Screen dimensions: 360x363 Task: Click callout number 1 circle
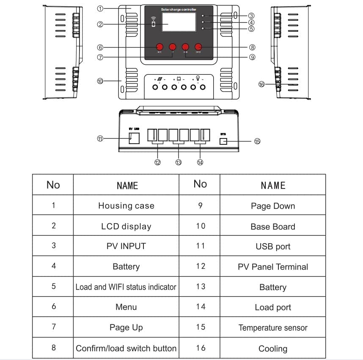(100, 8)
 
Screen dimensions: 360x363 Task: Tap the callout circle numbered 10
(100, 81)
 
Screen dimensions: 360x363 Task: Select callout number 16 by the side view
(261, 84)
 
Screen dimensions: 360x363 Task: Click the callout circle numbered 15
(257, 141)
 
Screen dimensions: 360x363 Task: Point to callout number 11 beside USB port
(100, 138)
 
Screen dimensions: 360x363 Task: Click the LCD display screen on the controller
(179, 22)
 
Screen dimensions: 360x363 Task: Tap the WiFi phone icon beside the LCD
(153, 23)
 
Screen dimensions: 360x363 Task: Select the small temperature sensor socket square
(223, 141)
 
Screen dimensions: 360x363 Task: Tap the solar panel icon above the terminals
(159, 79)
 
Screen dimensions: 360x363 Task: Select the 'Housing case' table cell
(126, 206)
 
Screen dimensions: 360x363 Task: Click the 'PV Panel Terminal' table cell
(273, 267)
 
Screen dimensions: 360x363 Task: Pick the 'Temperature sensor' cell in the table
(273, 328)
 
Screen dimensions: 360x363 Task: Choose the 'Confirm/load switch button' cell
(126, 348)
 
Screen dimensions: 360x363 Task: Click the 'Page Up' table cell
(126, 327)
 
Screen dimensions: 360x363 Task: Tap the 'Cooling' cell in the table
(273, 349)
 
